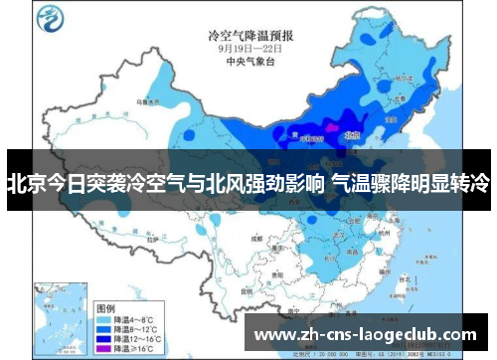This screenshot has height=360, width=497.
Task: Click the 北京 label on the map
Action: pos(350,129)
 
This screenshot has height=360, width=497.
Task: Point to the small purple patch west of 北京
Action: pos(329,128)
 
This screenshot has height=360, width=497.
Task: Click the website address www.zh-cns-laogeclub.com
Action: pos(365,335)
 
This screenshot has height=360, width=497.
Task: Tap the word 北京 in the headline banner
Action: pos(25,183)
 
